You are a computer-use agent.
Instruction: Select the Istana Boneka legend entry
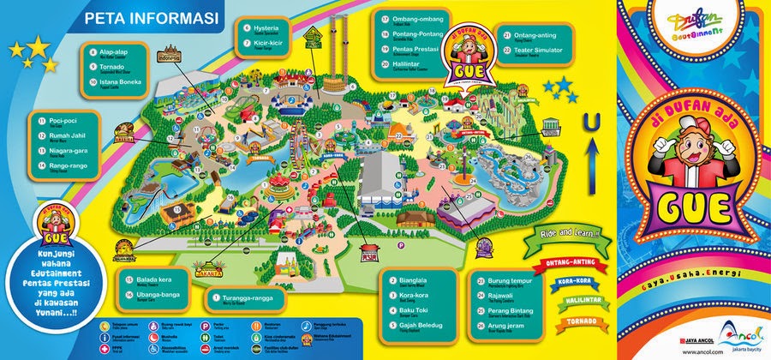point(122,84)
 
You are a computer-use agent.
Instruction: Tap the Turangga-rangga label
point(248,297)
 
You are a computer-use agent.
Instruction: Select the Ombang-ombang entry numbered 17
point(421,19)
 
